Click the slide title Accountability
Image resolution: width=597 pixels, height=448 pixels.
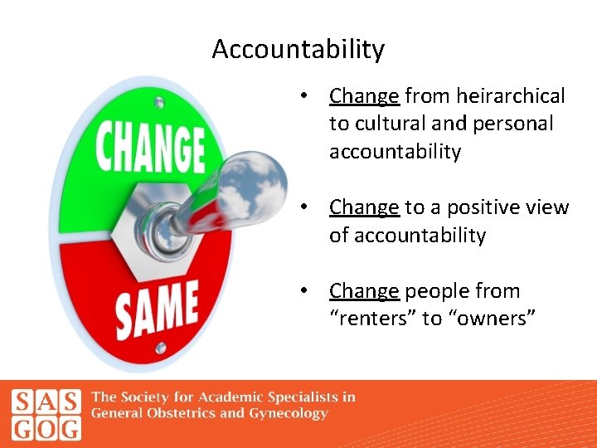(x=298, y=50)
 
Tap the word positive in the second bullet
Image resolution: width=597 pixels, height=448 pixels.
(x=479, y=207)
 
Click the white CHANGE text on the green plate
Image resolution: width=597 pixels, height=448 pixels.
(x=150, y=148)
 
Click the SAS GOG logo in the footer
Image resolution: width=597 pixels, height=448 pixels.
(x=46, y=414)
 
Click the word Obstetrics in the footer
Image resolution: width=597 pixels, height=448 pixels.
(x=179, y=414)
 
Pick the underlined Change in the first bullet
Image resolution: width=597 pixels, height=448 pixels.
(x=364, y=96)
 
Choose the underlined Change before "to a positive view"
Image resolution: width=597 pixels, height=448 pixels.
(x=364, y=207)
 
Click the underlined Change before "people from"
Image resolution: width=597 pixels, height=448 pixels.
(x=364, y=291)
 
